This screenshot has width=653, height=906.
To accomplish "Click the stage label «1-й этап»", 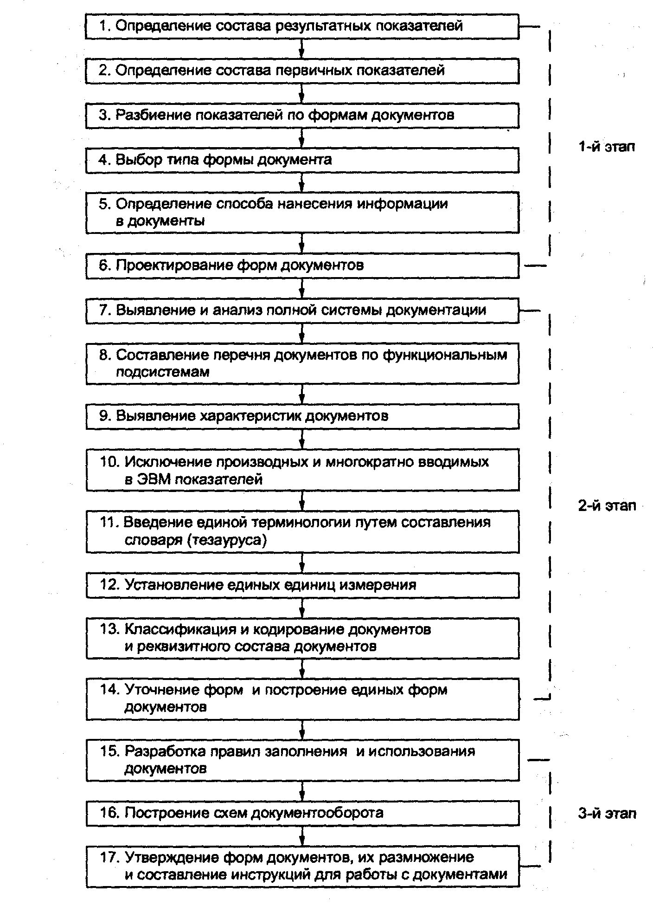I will tap(607, 147).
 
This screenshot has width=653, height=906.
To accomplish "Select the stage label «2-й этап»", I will tap(607, 505).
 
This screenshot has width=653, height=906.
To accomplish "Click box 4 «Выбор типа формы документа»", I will tap(302, 160).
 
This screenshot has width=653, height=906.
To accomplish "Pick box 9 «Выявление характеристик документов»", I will tap(302, 416).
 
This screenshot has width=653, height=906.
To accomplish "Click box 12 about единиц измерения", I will tap(302, 585).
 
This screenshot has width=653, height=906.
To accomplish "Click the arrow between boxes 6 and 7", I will tap(302, 289).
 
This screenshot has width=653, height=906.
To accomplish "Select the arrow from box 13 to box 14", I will tap(302, 669).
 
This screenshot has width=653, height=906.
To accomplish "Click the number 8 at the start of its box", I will tap(103, 355).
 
